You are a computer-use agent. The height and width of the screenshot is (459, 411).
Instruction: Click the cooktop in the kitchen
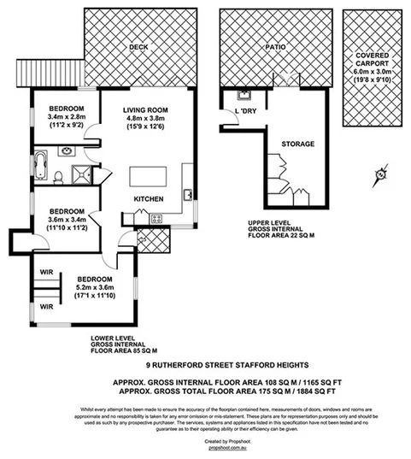coord(157,219)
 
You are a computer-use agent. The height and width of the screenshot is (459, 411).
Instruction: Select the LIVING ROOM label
coord(144,110)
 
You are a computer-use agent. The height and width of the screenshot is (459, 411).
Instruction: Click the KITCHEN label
coord(148,200)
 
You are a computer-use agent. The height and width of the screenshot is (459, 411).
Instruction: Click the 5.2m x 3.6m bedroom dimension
coord(94,288)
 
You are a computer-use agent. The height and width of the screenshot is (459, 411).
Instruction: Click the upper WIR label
coord(44,274)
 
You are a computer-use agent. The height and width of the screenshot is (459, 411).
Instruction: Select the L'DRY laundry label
coord(248,110)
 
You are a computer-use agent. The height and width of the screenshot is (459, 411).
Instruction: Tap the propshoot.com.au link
coord(205,446)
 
